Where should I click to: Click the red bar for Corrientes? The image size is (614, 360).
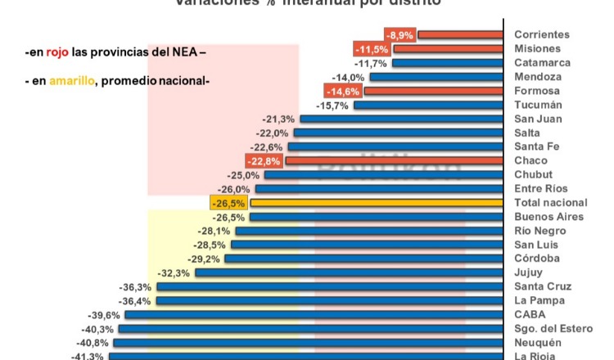click(x=460, y=34)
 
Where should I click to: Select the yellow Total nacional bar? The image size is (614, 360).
click(x=376, y=202)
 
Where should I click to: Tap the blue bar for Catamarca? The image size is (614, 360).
click(x=447, y=63)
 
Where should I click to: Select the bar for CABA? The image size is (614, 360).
click(x=314, y=314)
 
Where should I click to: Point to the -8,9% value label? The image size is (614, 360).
click(x=401, y=34)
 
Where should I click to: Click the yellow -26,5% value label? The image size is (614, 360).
click(x=228, y=203)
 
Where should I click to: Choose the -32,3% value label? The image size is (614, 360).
click(x=174, y=272)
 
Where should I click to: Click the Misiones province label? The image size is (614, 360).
click(x=537, y=48)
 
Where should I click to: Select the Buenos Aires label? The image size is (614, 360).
click(x=549, y=217)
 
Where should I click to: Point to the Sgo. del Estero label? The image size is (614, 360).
click(x=553, y=328)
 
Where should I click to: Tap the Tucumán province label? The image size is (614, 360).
click(x=538, y=105)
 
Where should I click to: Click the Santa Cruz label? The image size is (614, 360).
click(x=544, y=286)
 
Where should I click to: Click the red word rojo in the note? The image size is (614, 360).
click(x=57, y=52)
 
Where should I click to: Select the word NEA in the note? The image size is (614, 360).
click(x=184, y=52)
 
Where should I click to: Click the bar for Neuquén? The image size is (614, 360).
click(x=309, y=342)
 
